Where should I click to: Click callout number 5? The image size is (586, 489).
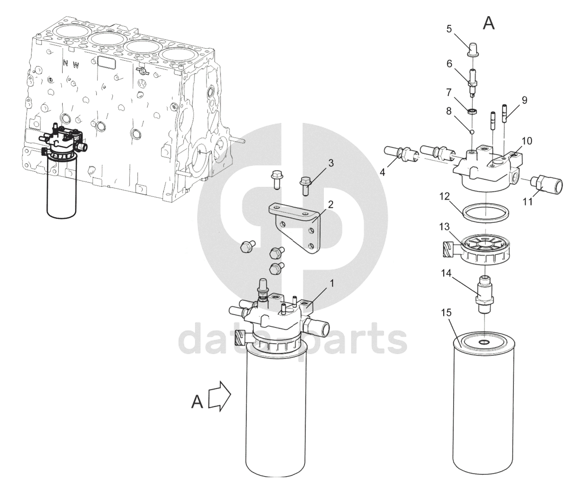449,29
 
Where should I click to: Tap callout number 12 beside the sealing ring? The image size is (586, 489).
444,196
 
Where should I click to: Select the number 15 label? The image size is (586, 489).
447,312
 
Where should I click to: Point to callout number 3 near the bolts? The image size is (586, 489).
331,163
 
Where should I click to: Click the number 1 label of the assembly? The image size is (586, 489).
331,283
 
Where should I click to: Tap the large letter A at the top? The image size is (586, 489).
488,23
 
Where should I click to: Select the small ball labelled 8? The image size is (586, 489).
472,131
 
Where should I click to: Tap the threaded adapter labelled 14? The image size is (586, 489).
484,290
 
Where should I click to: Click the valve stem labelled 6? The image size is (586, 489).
473,83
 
